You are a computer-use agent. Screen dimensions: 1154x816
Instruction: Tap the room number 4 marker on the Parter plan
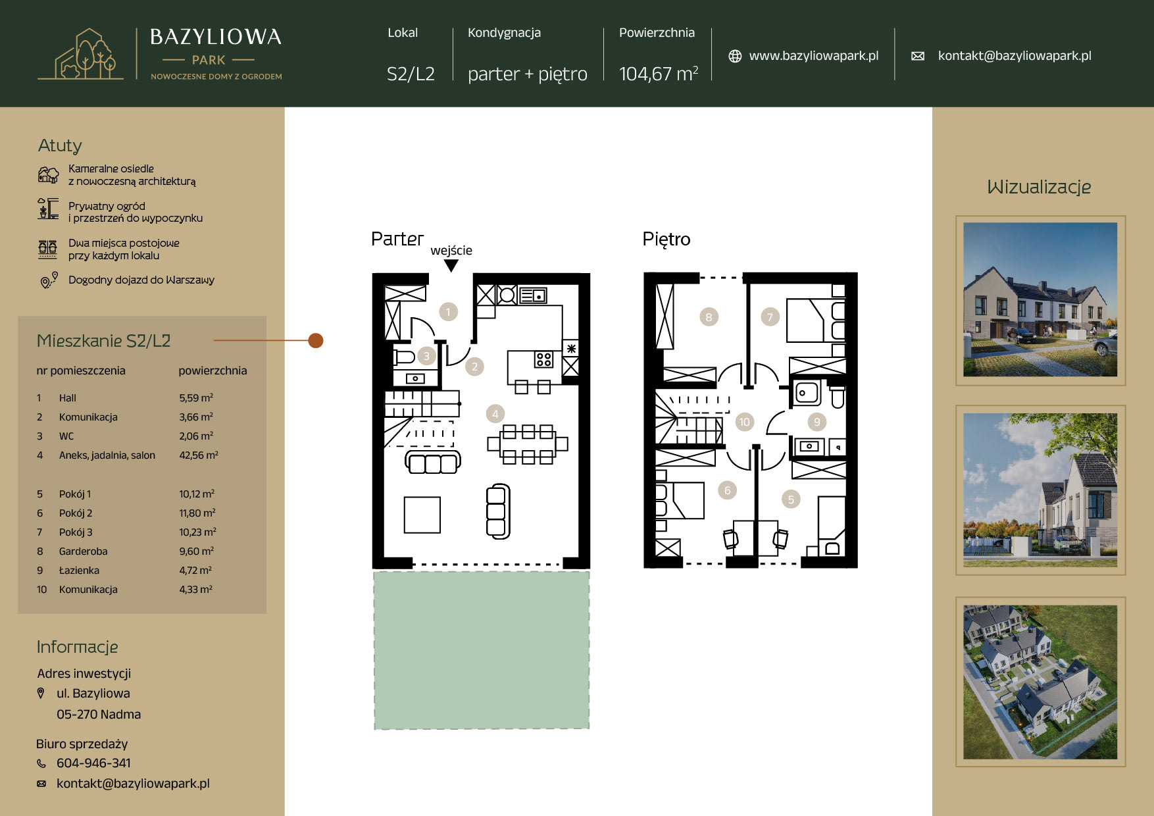click(x=495, y=414)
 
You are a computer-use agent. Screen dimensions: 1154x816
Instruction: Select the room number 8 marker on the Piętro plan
click(x=709, y=317)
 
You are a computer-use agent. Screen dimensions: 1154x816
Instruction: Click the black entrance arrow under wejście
click(x=451, y=265)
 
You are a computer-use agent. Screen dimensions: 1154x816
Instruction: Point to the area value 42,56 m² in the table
click(x=199, y=455)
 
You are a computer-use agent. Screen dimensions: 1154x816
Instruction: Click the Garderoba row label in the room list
click(x=83, y=551)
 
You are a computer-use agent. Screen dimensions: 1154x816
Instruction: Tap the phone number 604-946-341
click(x=93, y=763)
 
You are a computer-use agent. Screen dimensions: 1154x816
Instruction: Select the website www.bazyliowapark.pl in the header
click(x=814, y=56)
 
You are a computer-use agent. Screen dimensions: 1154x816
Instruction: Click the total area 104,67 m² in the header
click(x=659, y=74)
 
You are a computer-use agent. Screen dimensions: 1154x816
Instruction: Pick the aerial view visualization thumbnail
click(x=1040, y=682)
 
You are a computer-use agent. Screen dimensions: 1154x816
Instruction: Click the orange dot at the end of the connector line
click(x=316, y=340)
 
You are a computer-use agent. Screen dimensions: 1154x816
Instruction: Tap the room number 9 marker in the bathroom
click(x=817, y=422)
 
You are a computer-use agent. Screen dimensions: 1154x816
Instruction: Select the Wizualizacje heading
click(x=1039, y=188)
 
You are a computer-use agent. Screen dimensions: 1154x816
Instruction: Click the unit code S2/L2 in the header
click(x=411, y=74)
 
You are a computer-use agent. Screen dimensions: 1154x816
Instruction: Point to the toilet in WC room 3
click(x=403, y=357)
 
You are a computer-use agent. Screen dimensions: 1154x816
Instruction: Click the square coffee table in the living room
click(x=422, y=515)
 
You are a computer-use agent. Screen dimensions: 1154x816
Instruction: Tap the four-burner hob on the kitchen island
click(x=543, y=359)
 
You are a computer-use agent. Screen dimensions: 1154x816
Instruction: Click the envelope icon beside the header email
click(x=918, y=56)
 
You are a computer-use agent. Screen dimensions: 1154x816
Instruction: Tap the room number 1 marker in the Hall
click(x=448, y=312)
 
